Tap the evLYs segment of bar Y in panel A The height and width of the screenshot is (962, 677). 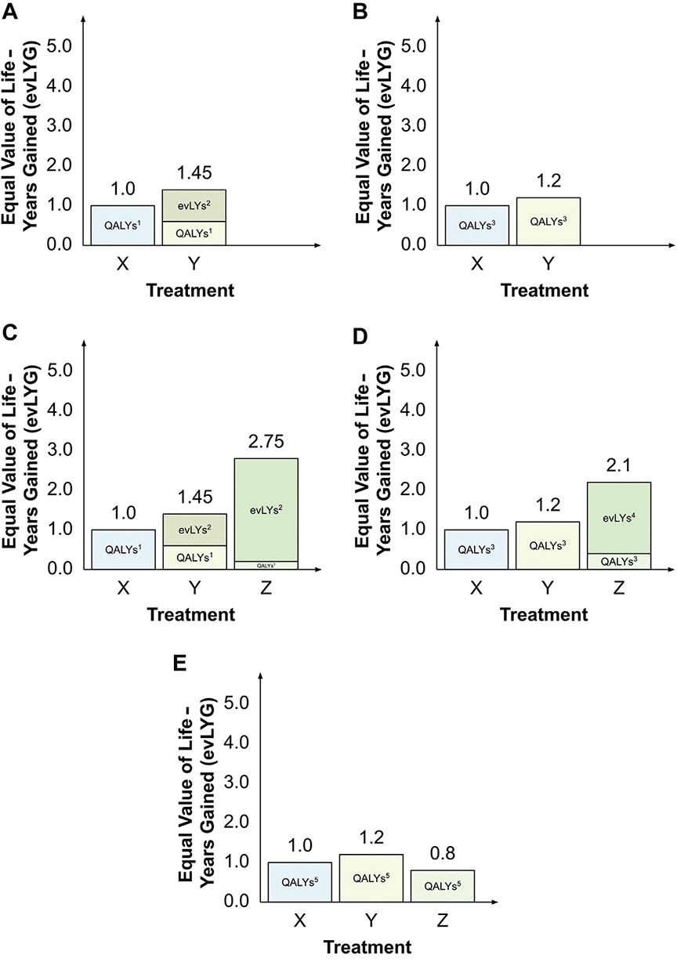tap(194, 205)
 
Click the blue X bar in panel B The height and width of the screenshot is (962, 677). tap(476, 225)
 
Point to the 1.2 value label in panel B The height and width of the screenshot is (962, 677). tap(548, 179)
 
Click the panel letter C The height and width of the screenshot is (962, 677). tap(9, 333)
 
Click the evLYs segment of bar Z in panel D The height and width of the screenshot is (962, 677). tap(619, 518)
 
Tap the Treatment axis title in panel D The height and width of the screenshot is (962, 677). tap(544, 615)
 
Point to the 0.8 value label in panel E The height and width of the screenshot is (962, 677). tap(443, 852)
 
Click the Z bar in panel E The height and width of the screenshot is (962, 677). tap(443, 885)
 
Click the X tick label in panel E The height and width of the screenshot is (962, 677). tap(299, 920)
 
